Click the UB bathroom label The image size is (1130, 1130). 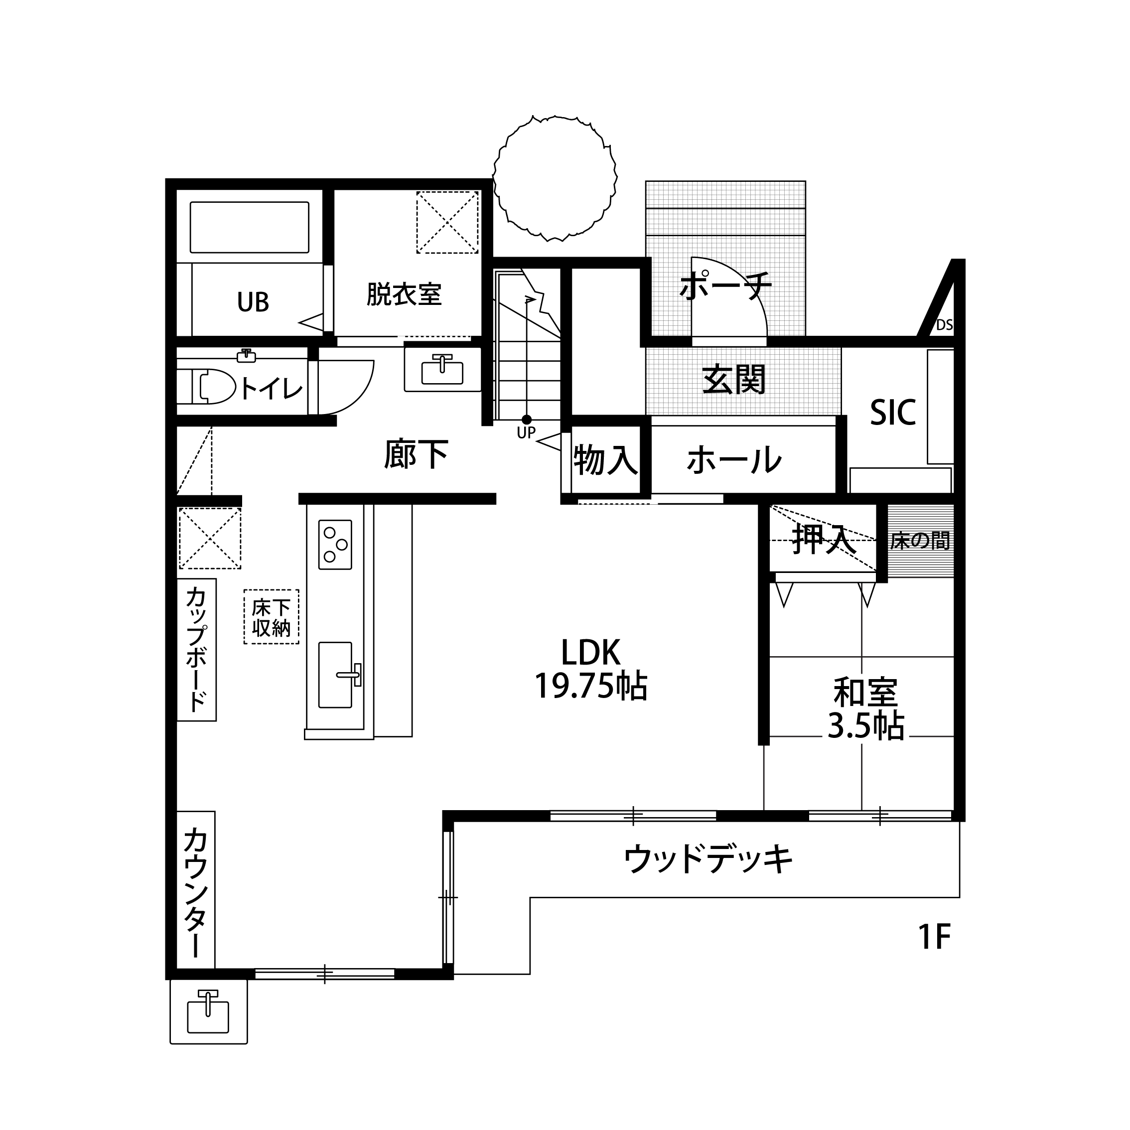tap(253, 302)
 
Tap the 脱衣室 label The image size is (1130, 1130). tap(404, 293)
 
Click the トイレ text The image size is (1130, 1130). tap(272, 388)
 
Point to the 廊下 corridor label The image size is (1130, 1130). tap(417, 454)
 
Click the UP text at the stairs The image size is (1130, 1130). tap(527, 433)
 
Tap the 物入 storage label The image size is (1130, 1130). tap(605, 460)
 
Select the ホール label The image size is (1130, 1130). tap(734, 460)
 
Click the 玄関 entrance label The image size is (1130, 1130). tap(734, 380)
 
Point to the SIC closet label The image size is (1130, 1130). tap(892, 413)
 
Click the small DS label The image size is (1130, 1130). tap(945, 325)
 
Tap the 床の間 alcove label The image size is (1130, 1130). tap(920, 541)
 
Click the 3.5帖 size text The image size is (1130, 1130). tap(865, 726)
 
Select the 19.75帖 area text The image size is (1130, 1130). tap(591, 686)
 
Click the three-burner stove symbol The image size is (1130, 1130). tap(335, 545)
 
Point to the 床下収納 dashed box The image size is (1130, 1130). tap(272, 616)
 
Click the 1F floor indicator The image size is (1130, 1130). tap(934, 937)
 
